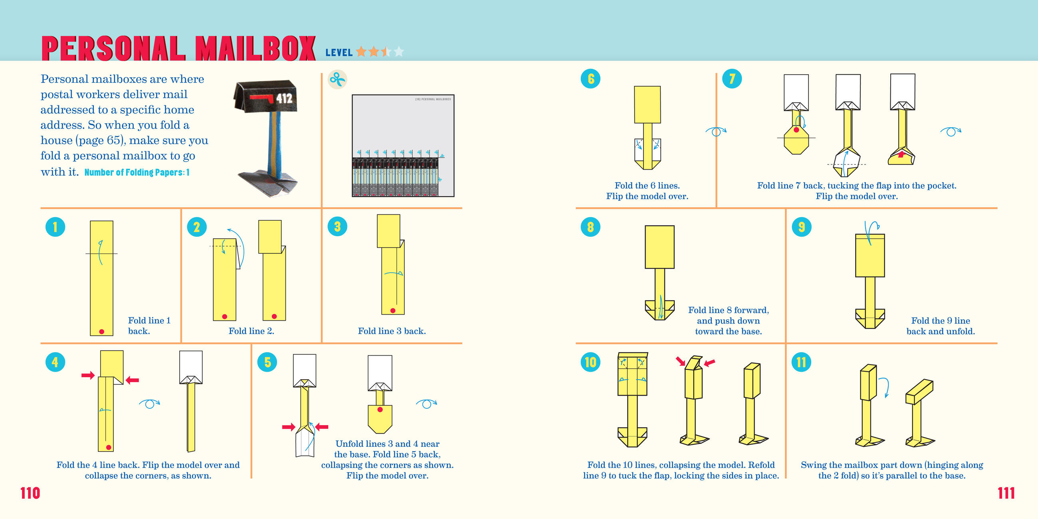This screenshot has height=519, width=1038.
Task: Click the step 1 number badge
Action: click(x=55, y=227)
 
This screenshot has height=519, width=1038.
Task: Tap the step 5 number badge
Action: click(x=267, y=362)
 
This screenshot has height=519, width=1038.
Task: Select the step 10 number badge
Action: click(x=590, y=362)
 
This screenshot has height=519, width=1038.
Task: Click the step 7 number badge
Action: click(x=732, y=79)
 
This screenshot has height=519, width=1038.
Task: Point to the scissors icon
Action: click(x=337, y=79)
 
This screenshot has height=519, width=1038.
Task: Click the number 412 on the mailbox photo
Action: click(x=284, y=98)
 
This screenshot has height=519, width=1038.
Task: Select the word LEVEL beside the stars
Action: click(x=339, y=53)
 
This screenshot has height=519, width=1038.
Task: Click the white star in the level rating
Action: click(x=398, y=52)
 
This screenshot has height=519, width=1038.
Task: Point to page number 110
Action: click(x=30, y=493)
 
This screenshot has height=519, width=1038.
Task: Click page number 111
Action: click(x=1006, y=493)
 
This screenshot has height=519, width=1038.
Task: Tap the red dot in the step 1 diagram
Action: click(x=101, y=332)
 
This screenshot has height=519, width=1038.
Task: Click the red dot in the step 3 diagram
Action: click(x=392, y=311)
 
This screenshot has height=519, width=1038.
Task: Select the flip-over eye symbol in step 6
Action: click(x=716, y=131)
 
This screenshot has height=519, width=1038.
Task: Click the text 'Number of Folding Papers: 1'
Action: click(x=137, y=172)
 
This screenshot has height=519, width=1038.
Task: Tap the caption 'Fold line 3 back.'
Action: click(x=392, y=331)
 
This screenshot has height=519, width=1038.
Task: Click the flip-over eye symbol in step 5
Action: click(x=426, y=403)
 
